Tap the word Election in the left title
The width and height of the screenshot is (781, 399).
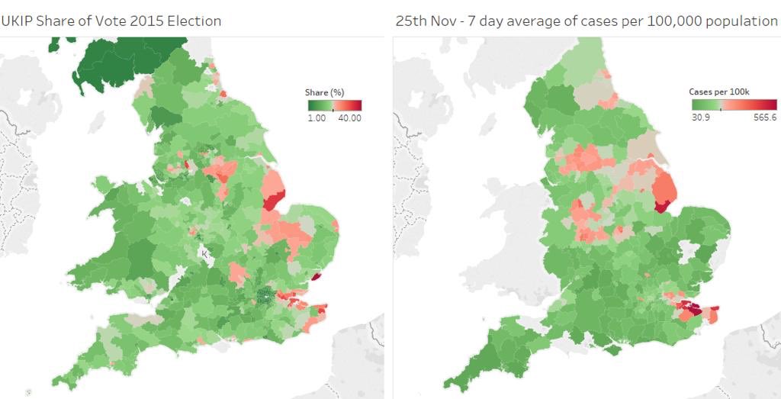pos(191,21)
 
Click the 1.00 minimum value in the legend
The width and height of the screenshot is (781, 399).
pos(317,118)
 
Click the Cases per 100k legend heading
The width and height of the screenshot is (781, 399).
pos(719,92)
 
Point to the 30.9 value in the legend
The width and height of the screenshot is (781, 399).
pos(700,118)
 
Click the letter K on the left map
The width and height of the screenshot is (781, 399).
pos(204,253)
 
